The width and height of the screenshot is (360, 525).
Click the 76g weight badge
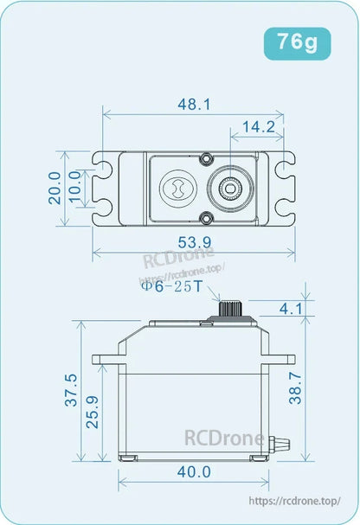pyautogui.click(x=297, y=42)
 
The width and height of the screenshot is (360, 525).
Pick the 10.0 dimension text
pyautogui.click(x=76, y=188)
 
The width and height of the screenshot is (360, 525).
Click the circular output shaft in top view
pyautogui.click(x=232, y=187)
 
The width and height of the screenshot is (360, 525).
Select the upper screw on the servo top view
pyautogui.click(x=206, y=159)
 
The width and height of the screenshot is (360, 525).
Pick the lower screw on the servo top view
pyautogui.click(x=206, y=215)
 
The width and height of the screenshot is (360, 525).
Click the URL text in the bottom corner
pyautogui.click(x=295, y=500)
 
